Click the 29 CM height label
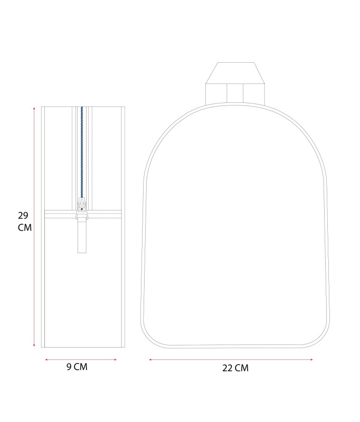(25, 222)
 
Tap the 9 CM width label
(77, 367)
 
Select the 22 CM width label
(235, 368)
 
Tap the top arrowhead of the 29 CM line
(34, 108)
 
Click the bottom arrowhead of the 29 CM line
(34, 346)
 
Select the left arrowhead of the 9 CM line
(46, 359)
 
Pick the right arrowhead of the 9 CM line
(115, 359)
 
